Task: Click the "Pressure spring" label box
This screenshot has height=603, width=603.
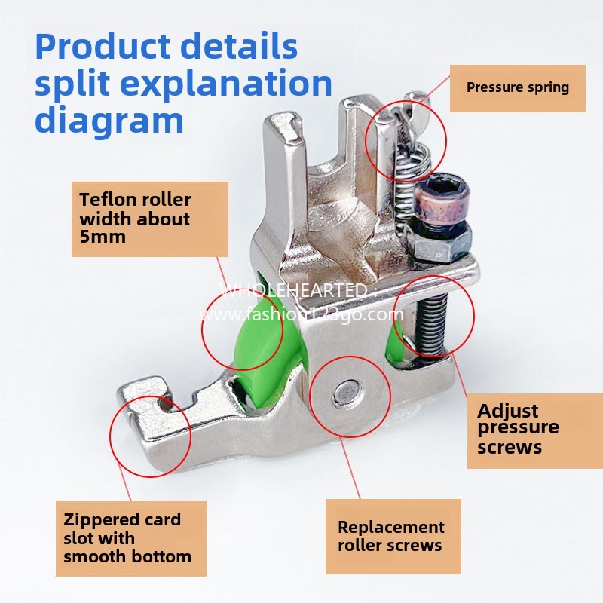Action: (x=517, y=87)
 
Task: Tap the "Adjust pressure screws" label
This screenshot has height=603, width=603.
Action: (x=519, y=429)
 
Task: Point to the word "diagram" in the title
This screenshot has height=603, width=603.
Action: (x=109, y=121)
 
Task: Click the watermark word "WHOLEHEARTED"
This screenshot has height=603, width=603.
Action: (x=295, y=290)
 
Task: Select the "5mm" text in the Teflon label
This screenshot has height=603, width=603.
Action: (x=103, y=237)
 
